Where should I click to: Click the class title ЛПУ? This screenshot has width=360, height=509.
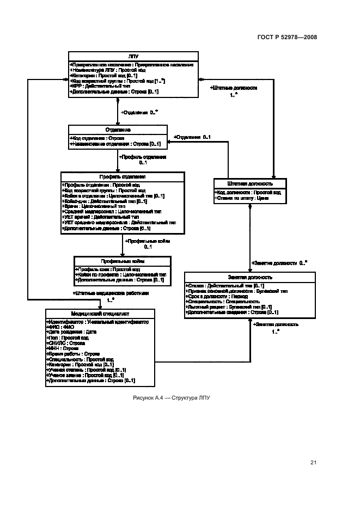(132, 56)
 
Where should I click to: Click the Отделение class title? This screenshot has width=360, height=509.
(117, 130)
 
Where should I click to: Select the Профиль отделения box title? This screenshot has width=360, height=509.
(122, 176)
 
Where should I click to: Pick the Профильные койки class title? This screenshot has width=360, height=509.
(123, 261)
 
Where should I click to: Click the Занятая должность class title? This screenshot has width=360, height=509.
(250, 277)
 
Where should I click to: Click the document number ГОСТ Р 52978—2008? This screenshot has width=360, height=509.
(287, 38)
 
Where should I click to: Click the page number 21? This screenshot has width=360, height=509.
(313, 463)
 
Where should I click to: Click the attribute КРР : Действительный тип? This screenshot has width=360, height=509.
(100, 86)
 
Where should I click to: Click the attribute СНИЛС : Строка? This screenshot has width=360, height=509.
(69, 343)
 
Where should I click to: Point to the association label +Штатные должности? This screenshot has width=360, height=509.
(234, 88)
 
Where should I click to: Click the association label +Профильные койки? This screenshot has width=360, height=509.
(148, 241)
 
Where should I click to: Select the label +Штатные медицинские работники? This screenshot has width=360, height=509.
(111, 293)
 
